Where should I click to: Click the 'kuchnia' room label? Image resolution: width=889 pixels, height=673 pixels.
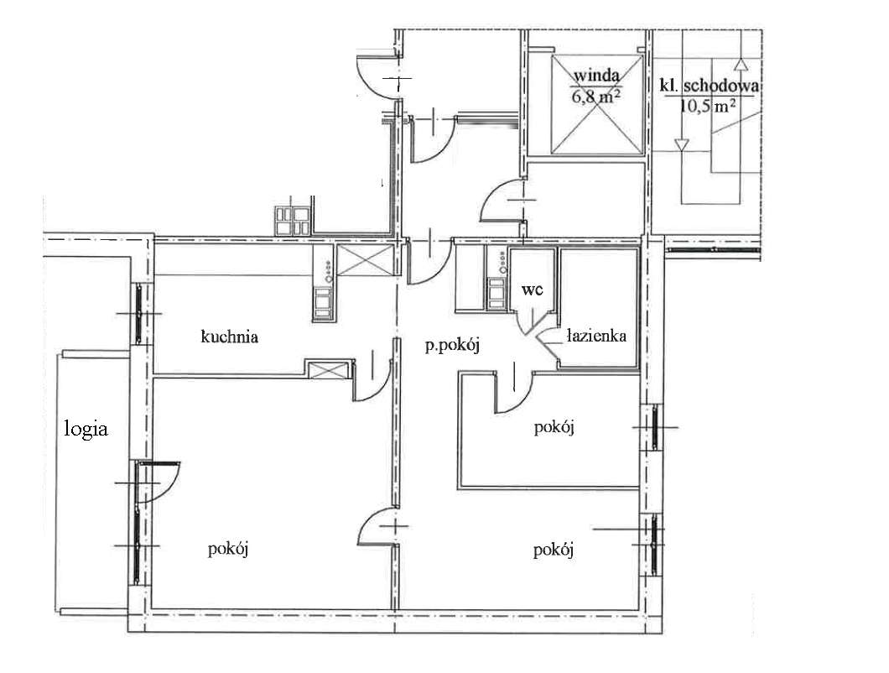point(229,336)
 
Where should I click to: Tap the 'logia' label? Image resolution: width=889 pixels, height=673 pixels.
point(86,429)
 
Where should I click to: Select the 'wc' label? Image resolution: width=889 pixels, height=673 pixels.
point(533,290)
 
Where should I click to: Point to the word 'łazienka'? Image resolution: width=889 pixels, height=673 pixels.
point(596,336)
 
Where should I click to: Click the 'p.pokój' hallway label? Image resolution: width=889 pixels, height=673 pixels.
point(452,344)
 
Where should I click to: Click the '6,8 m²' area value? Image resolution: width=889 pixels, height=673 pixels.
point(595,96)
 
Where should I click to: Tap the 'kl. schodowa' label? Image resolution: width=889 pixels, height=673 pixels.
point(709,86)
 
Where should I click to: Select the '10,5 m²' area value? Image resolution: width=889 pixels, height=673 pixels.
point(708,106)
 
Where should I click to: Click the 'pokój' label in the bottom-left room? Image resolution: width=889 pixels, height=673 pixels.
point(228,550)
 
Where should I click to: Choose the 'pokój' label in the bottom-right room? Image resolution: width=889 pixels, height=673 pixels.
point(554,550)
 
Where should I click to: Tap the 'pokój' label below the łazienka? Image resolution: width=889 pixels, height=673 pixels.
point(554,427)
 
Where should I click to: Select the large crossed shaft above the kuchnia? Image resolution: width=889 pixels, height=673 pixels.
point(365,260)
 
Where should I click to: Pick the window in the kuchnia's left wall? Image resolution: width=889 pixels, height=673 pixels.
point(138,314)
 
